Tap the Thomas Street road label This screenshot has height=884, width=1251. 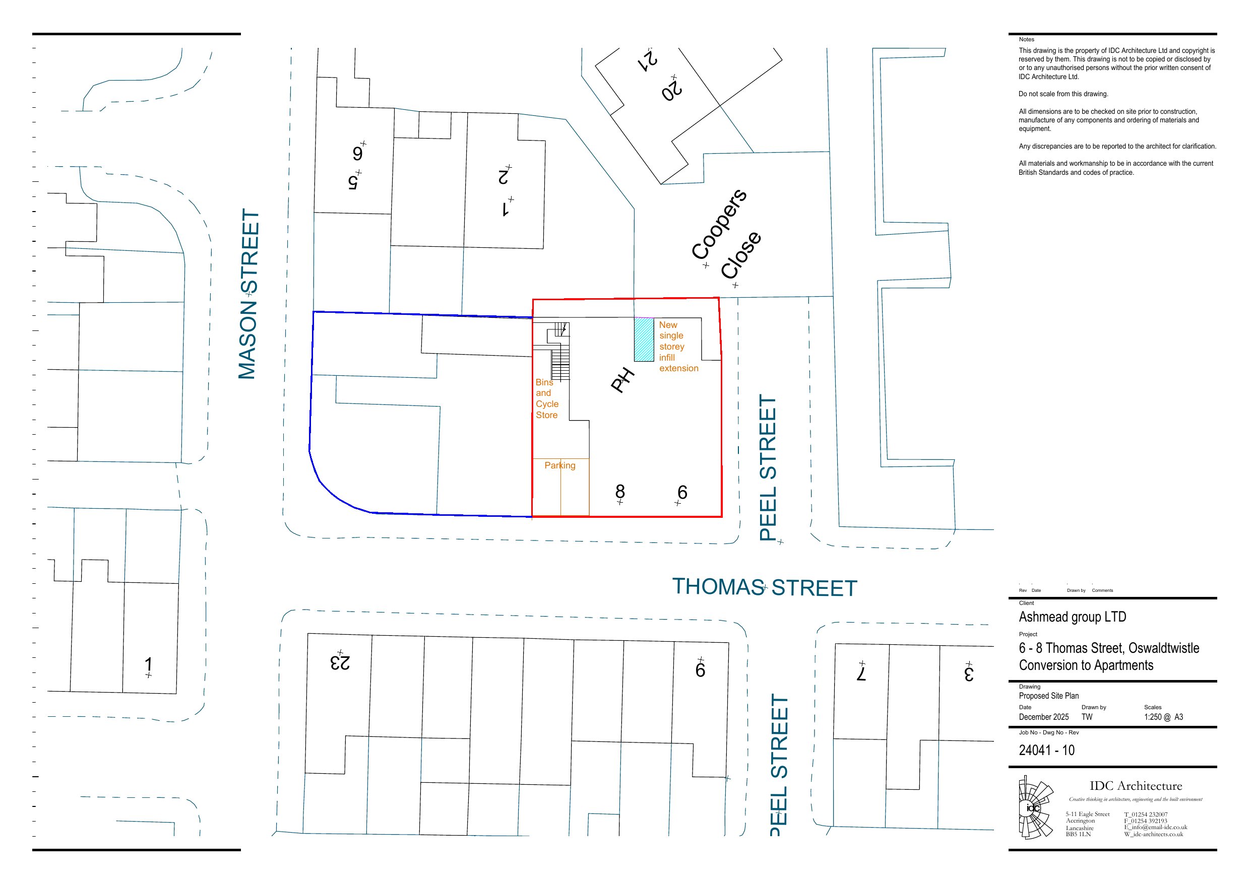point(765,587)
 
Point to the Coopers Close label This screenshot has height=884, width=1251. point(726,234)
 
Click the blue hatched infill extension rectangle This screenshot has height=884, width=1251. point(644,339)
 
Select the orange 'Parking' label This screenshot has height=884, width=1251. point(559,465)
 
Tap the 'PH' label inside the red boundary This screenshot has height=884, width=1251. point(622,380)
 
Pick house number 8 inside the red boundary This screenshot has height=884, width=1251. point(620,492)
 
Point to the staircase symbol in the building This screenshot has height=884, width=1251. point(560,351)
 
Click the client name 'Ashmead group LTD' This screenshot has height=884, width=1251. point(1072,617)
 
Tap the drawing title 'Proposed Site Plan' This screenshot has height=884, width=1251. point(1048,696)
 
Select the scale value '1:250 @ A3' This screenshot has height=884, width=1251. point(1163,717)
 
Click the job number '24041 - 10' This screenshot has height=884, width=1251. point(1047,750)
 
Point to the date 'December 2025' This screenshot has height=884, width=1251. point(1043,717)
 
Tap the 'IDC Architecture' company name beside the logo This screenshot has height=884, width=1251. point(1136,786)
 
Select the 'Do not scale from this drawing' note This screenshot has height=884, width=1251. point(1063,94)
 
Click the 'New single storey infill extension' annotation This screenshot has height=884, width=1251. point(678,347)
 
